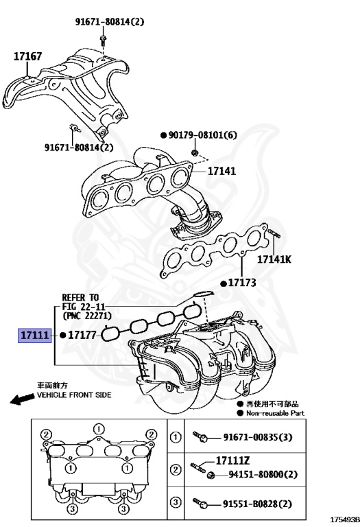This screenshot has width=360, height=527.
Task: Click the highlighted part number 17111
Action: click(34, 336)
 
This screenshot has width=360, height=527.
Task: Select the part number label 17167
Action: click(28, 58)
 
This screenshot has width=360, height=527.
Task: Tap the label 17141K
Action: click(274, 259)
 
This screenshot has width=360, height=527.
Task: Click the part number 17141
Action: click(221, 171)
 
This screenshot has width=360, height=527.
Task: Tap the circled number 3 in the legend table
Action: click(175, 503)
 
